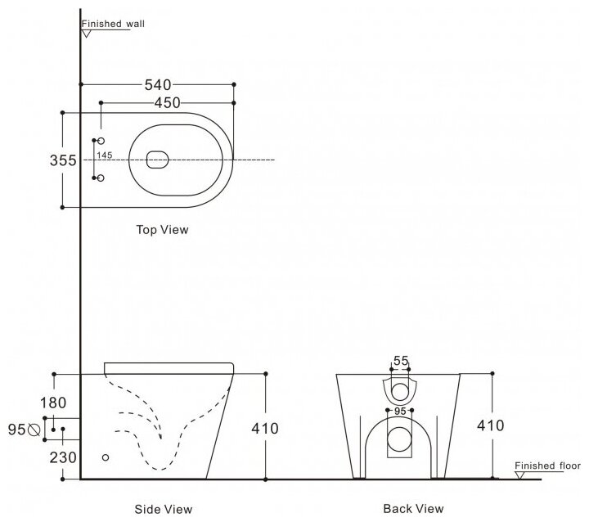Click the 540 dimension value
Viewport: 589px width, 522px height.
157,84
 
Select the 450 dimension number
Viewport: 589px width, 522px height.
167,102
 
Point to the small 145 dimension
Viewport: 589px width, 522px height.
104,155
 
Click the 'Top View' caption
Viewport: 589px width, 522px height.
162,230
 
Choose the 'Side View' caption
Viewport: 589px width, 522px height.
164,509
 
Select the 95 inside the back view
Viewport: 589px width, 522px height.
399,412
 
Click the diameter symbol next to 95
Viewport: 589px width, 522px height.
34,428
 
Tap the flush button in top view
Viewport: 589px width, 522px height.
158,160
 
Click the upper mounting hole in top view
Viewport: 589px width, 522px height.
101,142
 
